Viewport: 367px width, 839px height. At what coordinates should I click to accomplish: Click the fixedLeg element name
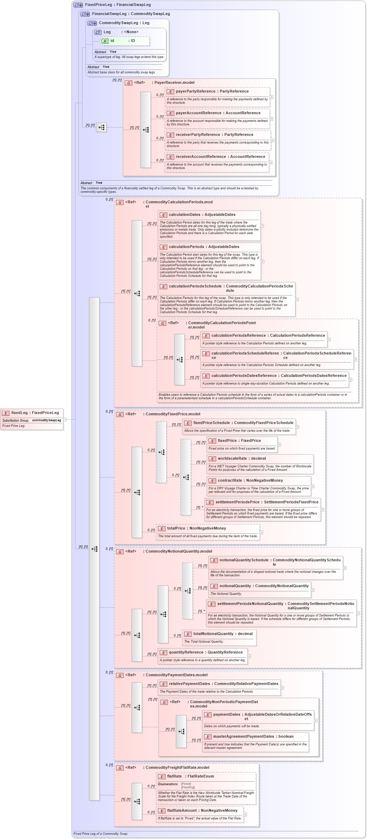[19, 413]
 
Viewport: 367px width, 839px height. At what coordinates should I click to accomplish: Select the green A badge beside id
[105, 41]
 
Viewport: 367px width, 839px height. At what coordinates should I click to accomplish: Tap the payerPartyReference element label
[195, 92]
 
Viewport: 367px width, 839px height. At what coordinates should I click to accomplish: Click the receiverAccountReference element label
[201, 157]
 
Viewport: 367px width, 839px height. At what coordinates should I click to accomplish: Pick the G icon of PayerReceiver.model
[129, 83]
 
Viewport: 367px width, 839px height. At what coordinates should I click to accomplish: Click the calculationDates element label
[184, 215]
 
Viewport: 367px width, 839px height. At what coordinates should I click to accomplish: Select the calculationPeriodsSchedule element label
[195, 286]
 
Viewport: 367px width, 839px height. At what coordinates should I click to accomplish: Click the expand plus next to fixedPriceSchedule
[297, 427]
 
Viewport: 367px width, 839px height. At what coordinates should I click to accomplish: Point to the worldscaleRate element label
[232, 459]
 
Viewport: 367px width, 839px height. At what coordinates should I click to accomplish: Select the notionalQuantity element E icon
[214, 586]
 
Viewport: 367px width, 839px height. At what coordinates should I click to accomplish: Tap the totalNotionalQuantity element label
[213, 634]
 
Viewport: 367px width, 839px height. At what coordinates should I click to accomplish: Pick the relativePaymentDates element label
[189, 684]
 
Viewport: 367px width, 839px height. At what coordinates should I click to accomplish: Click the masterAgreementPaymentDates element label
[243, 737]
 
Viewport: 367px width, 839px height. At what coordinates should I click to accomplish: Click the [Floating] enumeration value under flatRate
[188, 788]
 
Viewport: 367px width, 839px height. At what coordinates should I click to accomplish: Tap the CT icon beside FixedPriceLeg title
[78, 5]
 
